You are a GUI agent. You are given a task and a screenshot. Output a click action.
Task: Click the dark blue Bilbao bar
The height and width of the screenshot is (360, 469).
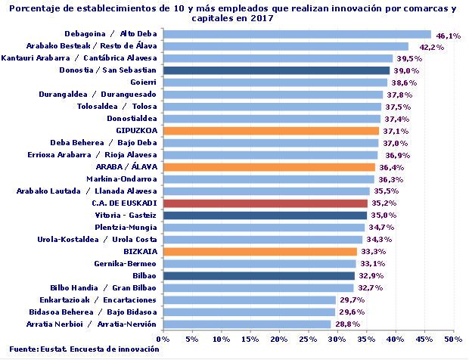pos(258,276)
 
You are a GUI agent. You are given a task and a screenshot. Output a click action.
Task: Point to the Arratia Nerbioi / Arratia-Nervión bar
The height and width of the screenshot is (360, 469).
pos(247,324)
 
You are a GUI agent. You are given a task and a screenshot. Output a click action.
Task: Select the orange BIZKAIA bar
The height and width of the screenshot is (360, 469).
pos(259,252)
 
